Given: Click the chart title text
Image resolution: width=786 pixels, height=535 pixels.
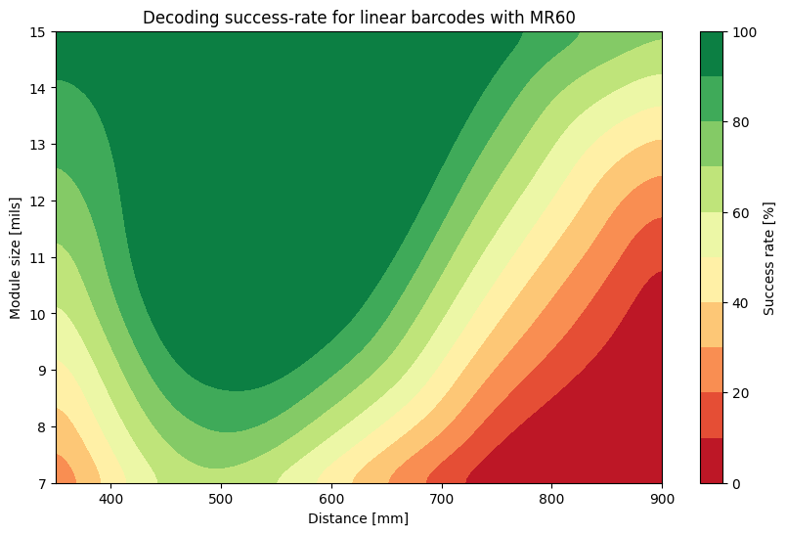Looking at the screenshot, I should pyautogui.click(x=359, y=18).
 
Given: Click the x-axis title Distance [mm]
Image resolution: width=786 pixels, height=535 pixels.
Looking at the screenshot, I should pyautogui.click(x=359, y=518).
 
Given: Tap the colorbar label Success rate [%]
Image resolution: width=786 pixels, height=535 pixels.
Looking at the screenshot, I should pyautogui.click(x=769, y=257).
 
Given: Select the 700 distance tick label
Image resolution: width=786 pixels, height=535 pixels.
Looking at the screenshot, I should pyautogui.click(x=442, y=499).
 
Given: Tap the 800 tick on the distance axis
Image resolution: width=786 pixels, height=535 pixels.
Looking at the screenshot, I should pyautogui.click(x=552, y=499).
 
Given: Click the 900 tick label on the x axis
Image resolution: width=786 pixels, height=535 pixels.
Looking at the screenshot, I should pyautogui.click(x=662, y=499).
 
